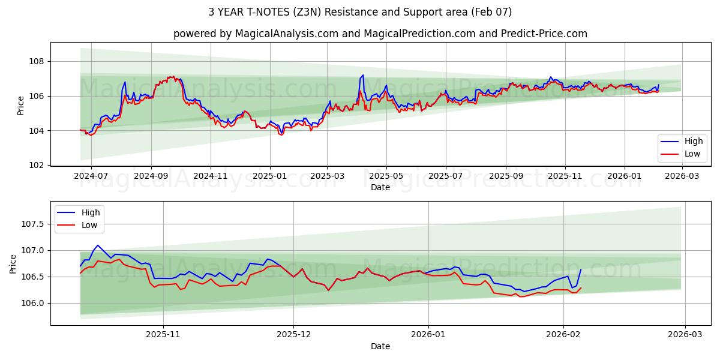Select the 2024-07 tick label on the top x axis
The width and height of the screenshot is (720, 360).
point(91,176)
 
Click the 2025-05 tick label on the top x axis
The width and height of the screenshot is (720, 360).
point(386,176)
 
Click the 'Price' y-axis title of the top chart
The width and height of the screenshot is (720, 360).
point(21,106)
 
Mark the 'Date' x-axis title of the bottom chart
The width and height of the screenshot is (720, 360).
point(380,346)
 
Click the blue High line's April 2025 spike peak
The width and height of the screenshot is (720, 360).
point(363,76)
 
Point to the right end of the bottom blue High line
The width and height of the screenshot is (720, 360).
point(581,269)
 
